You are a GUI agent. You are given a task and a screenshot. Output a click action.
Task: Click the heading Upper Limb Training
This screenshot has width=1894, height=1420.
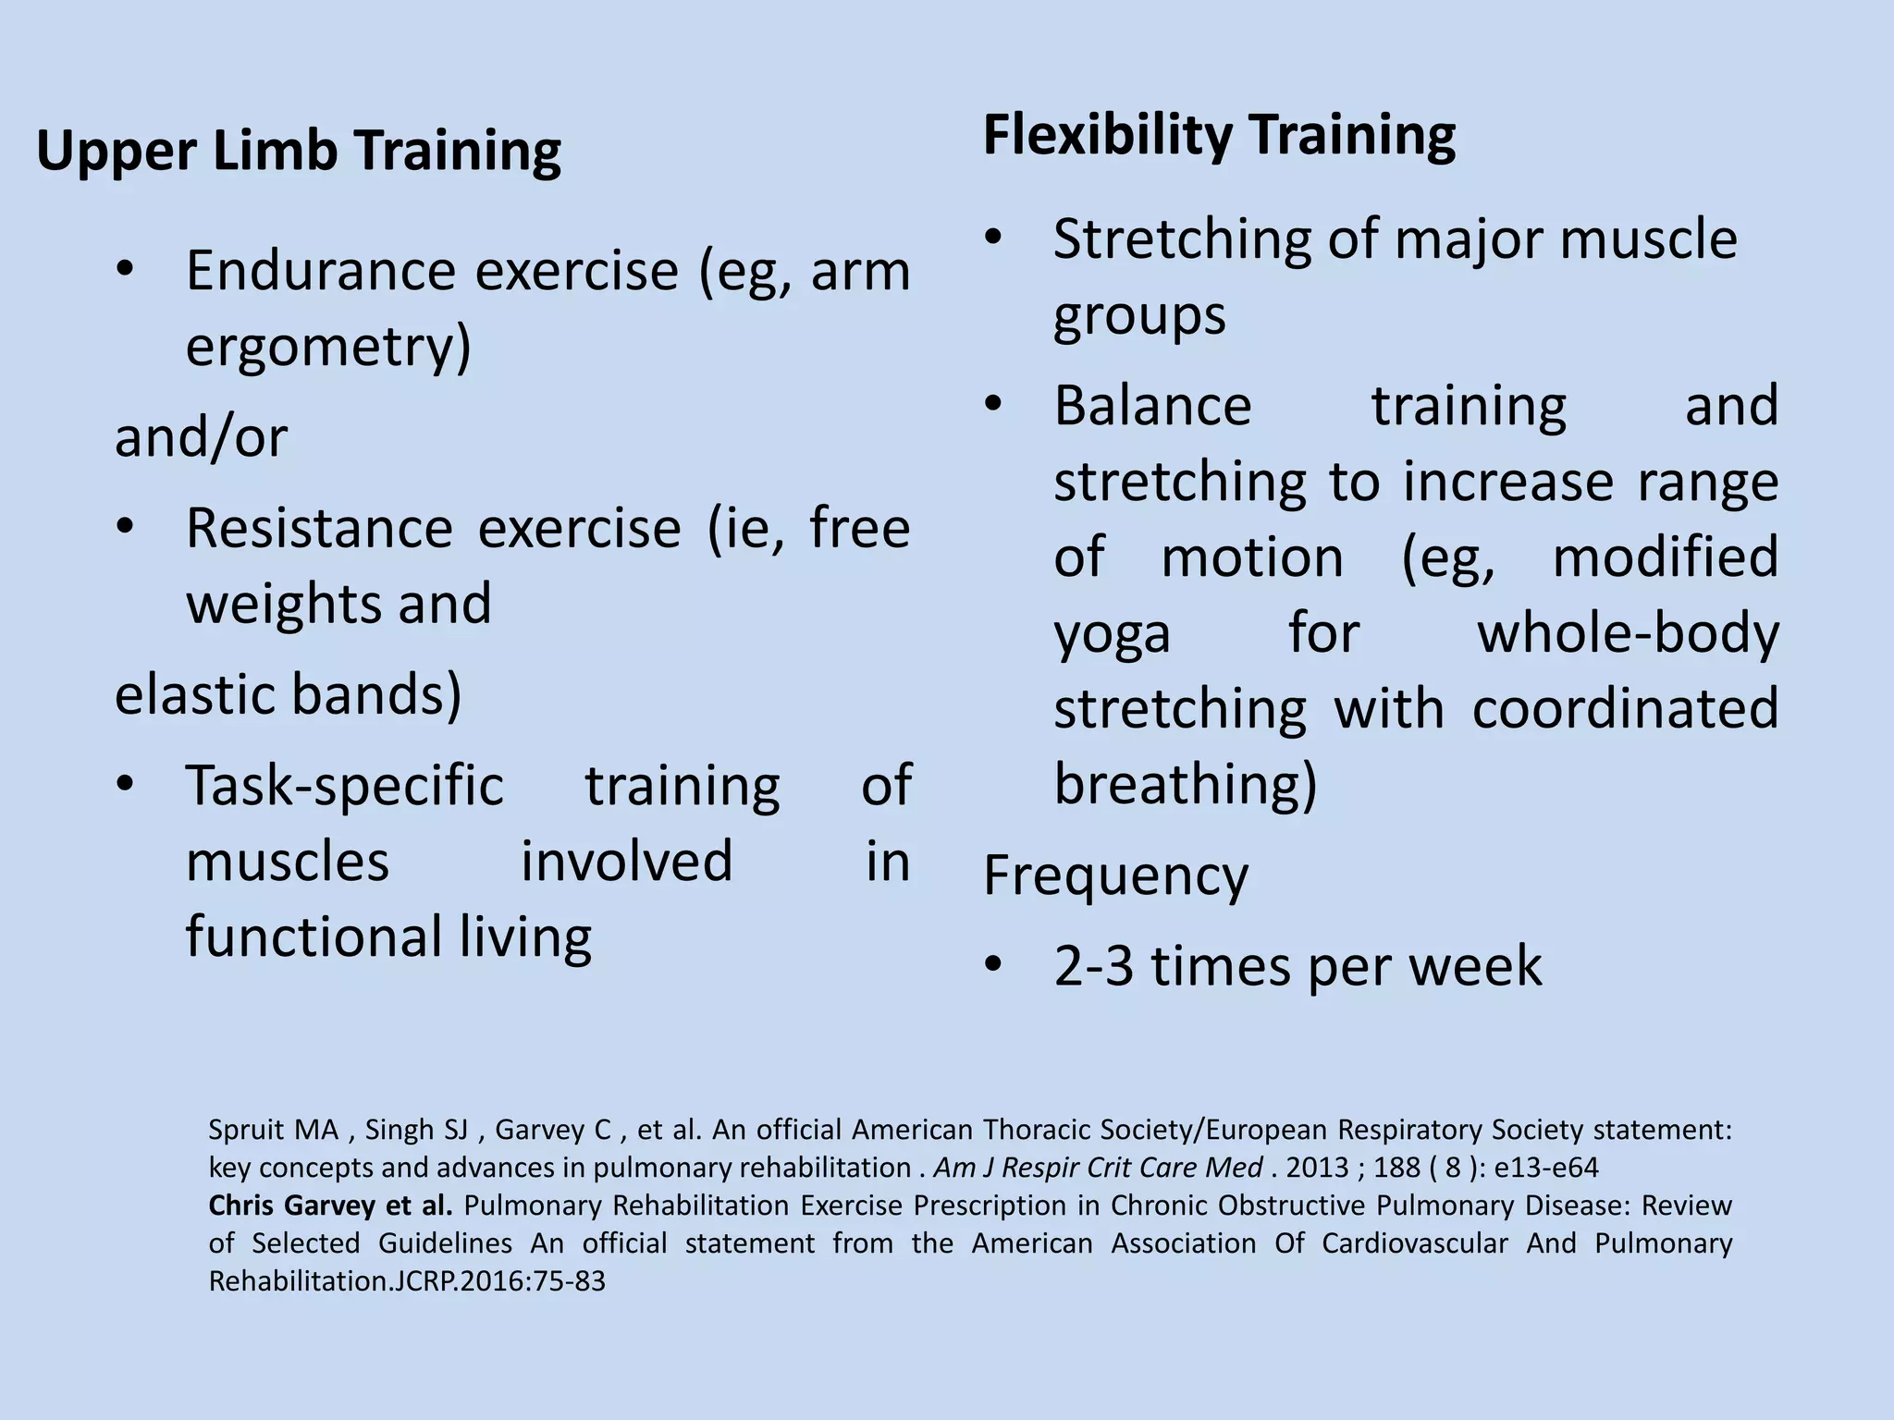point(298,151)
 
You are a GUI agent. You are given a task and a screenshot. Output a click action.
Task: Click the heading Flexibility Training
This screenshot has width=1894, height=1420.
point(1218,135)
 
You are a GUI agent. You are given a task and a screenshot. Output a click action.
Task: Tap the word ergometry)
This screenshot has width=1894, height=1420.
point(328,347)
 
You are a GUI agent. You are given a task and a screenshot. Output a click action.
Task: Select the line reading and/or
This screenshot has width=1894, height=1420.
point(201,436)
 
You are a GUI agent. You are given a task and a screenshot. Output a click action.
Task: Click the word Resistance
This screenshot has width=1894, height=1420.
point(319,529)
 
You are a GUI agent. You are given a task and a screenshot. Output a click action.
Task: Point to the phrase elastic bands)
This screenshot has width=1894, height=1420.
point(288,694)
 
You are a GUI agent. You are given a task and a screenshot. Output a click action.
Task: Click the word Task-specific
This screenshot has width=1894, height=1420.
point(344,786)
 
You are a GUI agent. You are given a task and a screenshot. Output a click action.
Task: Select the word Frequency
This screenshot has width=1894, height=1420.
point(1114,875)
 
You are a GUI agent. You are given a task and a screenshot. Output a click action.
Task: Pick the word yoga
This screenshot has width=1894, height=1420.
point(1112,635)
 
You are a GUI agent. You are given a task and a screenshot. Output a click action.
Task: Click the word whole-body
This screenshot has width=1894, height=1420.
point(1627,635)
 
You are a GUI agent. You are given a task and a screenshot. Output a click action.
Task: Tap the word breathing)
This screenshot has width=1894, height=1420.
point(1185,785)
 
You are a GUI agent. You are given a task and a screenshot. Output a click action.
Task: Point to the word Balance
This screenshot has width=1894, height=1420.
point(1152,406)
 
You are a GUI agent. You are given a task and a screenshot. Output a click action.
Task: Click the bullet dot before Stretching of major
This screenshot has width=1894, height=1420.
point(992,238)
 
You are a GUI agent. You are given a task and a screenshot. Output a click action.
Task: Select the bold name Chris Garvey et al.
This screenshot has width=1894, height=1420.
point(330,1206)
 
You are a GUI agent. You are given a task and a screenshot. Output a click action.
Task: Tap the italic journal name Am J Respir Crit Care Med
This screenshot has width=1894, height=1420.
point(1097,1168)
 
